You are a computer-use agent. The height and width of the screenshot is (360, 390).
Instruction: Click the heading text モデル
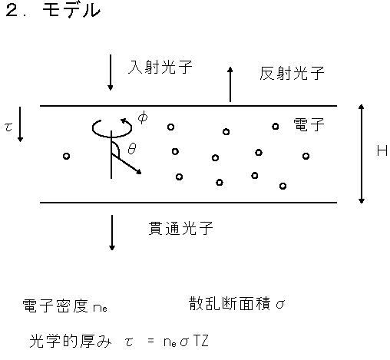coord(71,11)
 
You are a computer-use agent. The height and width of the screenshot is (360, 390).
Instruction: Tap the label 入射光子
coord(160,68)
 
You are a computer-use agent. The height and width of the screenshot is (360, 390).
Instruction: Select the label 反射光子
coord(292,73)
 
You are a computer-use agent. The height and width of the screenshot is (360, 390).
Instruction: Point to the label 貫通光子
coord(180,228)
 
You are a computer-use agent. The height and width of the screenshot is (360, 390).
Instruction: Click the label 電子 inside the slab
coord(309,124)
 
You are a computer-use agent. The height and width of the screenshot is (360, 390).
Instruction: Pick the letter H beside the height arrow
coord(382,150)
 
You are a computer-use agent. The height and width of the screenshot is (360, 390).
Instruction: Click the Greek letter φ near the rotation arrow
coord(143,117)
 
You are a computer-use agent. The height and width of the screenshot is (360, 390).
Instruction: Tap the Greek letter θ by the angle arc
coord(132,148)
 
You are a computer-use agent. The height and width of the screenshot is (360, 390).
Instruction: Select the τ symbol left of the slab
coord(8,127)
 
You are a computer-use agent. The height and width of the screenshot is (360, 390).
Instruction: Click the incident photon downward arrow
coord(111,72)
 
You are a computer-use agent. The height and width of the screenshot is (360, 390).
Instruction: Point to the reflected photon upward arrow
coord(230,84)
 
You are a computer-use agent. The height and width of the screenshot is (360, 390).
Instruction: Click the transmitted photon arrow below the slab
coord(112,233)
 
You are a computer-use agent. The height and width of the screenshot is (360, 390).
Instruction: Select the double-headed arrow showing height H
coord(361,154)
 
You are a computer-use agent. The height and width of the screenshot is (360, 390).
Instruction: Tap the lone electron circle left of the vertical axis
coord(66,156)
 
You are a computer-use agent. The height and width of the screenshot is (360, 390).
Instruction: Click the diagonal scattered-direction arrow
coord(126,163)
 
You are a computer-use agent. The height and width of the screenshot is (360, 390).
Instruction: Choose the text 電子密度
coord(55,306)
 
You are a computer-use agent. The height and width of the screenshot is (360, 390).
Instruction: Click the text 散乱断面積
coord(230,304)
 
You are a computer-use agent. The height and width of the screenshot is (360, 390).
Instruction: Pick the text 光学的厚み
coord(71,341)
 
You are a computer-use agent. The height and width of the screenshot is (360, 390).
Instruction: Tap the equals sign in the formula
coord(150,341)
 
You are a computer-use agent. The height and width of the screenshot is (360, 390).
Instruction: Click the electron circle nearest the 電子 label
coord(276,127)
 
